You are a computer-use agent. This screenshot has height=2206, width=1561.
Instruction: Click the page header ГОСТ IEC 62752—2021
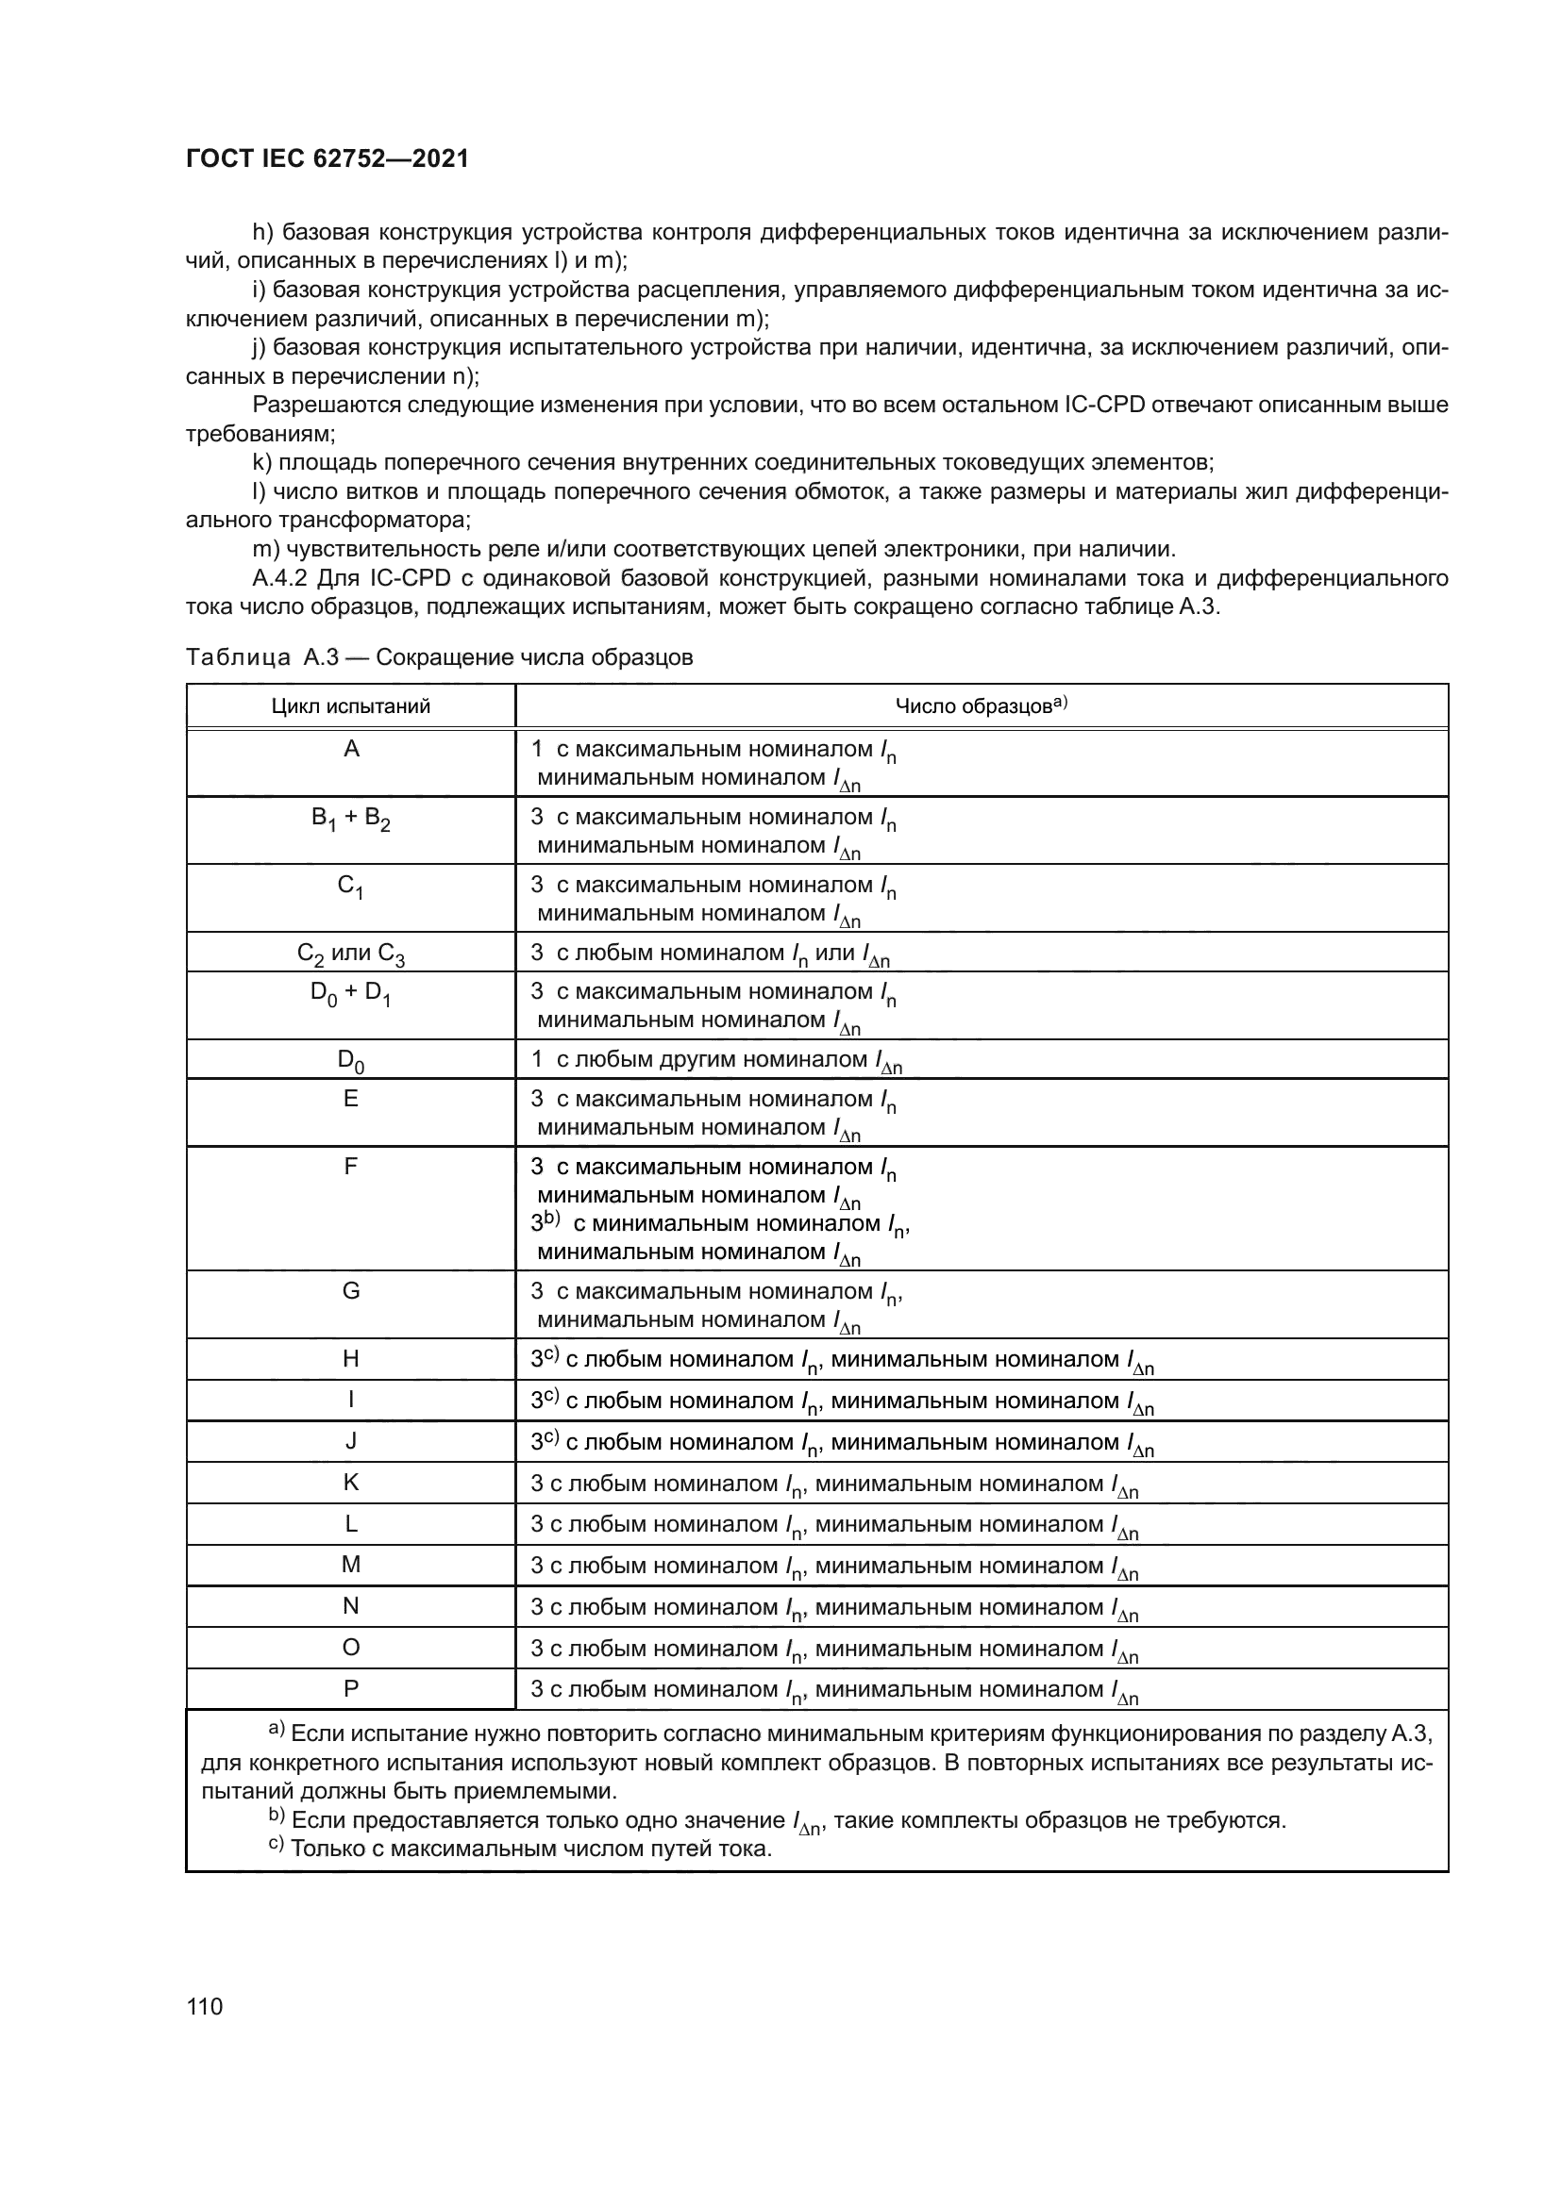tap(327, 159)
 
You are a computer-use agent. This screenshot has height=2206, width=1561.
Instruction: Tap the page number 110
tap(205, 2006)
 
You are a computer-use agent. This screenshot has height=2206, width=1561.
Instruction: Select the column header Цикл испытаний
tap(351, 706)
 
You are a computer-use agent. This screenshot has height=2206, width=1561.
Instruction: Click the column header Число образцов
tap(981, 706)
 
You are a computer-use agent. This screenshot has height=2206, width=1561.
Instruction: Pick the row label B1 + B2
tap(351, 819)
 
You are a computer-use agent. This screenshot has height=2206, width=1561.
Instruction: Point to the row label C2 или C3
tap(351, 954)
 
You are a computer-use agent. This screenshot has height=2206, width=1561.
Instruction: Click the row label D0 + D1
tap(351, 993)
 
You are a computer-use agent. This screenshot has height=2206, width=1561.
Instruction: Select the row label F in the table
tap(351, 1167)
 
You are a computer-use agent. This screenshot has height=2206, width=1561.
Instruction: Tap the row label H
tap(351, 1358)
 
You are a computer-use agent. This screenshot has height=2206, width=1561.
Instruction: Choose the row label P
tap(351, 1688)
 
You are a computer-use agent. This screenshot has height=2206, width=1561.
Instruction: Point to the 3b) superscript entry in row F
tap(545, 1223)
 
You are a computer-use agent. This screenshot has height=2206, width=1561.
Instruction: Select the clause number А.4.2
tap(279, 578)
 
